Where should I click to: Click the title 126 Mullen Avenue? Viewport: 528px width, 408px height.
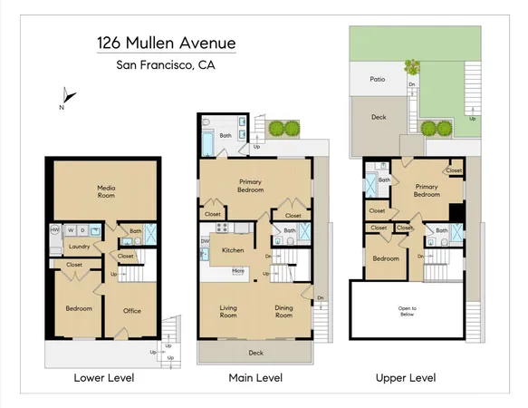click(165, 43)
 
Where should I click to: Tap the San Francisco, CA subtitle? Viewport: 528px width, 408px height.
click(165, 64)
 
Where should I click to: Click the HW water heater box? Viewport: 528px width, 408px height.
click(55, 230)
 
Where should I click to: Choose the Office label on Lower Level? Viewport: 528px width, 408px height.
click(132, 311)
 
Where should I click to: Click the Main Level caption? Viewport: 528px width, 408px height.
click(255, 377)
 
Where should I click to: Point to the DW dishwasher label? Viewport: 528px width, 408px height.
click(205, 241)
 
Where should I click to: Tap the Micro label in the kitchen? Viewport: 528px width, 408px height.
click(237, 269)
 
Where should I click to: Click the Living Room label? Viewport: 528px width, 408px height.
click(228, 311)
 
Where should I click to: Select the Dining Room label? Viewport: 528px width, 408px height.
click(284, 311)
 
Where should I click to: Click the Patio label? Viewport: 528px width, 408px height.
click(379, 79)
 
